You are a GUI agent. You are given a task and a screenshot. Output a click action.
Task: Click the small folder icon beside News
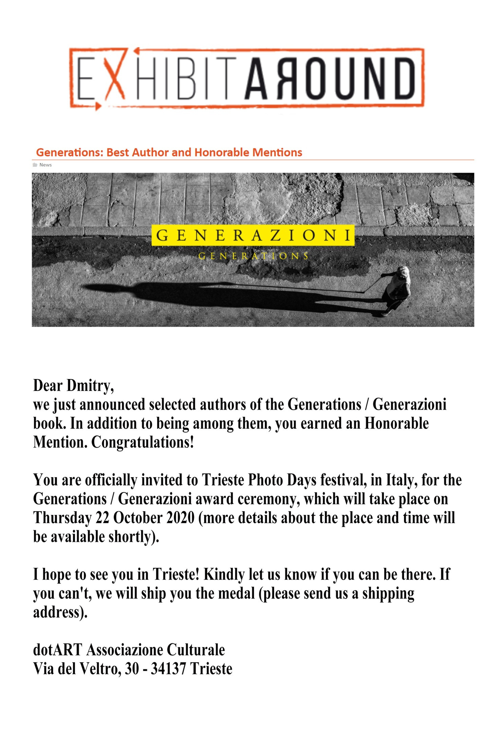point(35,165)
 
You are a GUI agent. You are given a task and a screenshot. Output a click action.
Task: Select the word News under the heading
point(46,165)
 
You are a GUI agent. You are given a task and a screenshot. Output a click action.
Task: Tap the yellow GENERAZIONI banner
point(253,235)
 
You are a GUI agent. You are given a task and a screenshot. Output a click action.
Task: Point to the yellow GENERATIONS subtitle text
point(253,256)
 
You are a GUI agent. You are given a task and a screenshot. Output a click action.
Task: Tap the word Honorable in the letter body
point(396,423)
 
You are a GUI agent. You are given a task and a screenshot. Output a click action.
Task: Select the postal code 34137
point(169,669)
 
